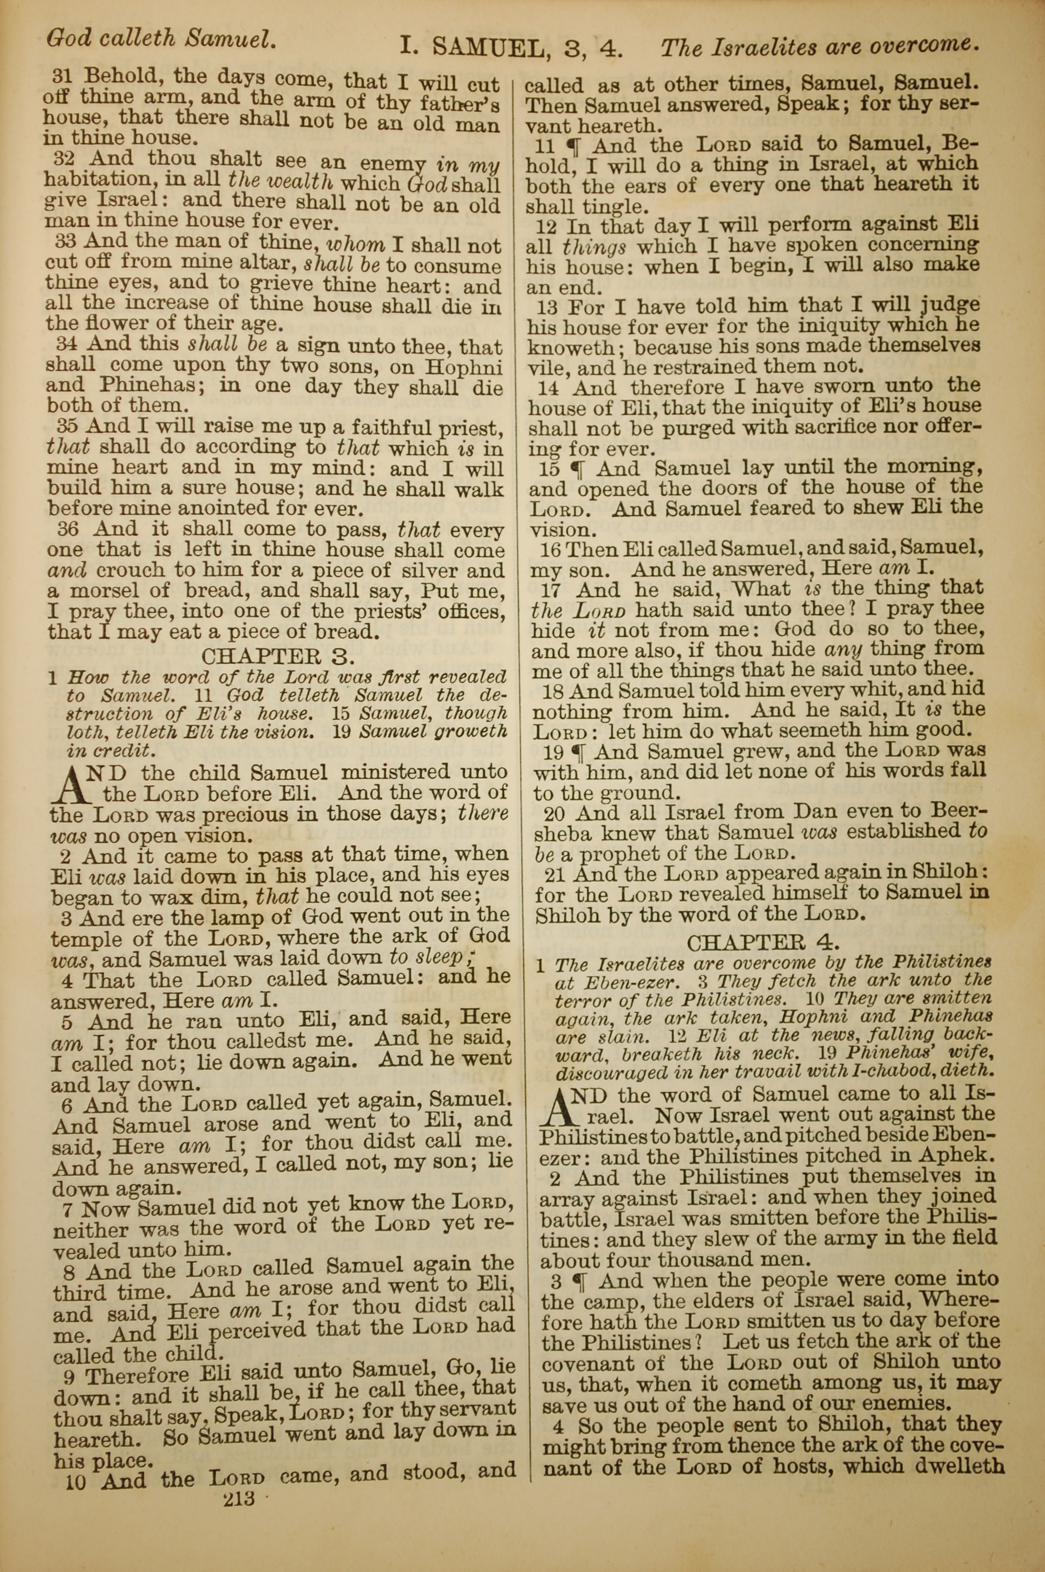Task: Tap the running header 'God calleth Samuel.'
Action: (160, 39)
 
